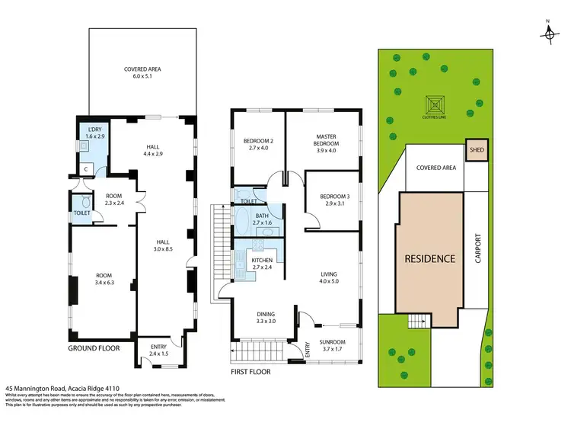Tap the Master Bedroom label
pos(326,142)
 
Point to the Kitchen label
pos(262,264)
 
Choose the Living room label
pos(329,277)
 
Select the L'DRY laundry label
pos(94,132)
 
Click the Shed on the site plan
pos(477,150)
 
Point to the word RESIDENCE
pos(429,259)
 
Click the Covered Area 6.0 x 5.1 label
pos(142,73)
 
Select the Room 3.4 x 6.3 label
pos(104,279)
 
